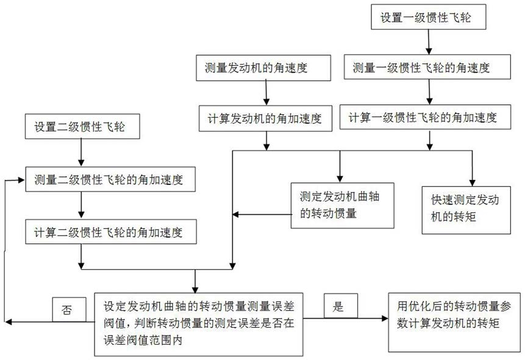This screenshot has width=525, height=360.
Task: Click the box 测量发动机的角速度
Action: pyautogui.click(x=264, y=68)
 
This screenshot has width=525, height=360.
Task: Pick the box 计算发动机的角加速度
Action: pyautogui.click(x=264, y=118)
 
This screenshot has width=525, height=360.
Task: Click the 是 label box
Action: pyautogui.click(x=340, y=307)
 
